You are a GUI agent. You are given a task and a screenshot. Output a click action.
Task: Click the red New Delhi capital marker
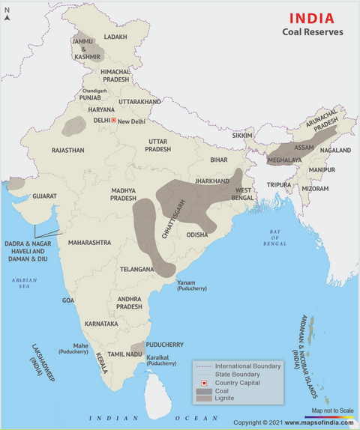point(113,120)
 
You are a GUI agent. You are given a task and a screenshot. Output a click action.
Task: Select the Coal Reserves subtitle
point(313,32)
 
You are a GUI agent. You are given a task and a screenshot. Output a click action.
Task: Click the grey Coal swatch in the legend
point(203,390)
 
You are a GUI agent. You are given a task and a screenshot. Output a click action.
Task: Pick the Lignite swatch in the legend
point(203,398)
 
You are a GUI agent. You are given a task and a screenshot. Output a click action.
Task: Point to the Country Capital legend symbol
point(203,382)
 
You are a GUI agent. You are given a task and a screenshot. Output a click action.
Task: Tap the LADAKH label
point(116,37)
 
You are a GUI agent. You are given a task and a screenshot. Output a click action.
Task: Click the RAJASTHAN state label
point(68,150)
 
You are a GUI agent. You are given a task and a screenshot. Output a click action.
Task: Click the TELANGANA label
point(139,267)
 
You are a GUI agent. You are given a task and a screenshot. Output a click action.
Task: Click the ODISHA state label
point(197,234)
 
